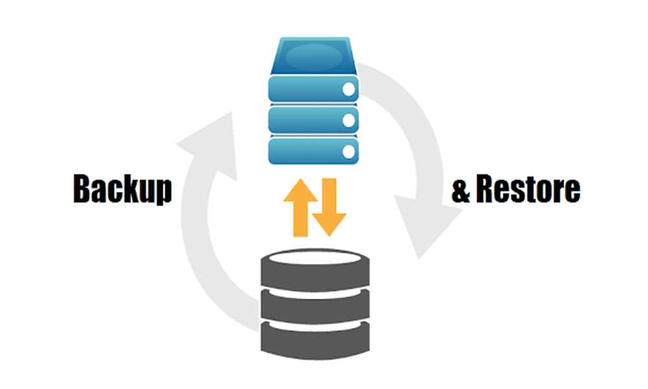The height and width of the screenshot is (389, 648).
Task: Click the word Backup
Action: [x=122, y=189]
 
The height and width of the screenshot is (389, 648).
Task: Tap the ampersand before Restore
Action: [x=461, y=190]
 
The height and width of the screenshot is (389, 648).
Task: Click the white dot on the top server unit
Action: [x=349, y=89]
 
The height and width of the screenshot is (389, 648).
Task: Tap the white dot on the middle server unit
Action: [x=349, y=121]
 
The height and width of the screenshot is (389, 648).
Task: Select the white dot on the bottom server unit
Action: [x=349, y=152]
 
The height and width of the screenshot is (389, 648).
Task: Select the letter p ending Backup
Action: [x=163, y=192]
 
